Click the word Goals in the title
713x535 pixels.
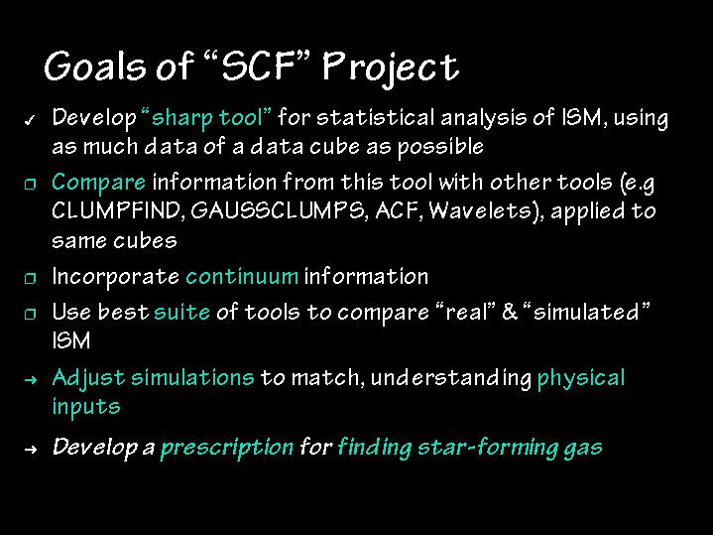click(95, 67)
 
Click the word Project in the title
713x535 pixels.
click(391, 68)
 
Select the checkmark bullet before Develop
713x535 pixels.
click(30, 120)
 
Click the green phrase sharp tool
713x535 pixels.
click(206, 118)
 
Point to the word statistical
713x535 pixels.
click(376, 117)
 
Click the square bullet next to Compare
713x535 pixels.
click(30, 184)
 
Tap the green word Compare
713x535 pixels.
click(99, 183)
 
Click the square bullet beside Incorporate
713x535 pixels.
click(30, 278)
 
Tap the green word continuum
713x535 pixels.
click(242, 277)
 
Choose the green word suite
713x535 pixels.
click(181, 313)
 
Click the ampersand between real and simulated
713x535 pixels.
click(510, 312)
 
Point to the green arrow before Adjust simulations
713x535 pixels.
click(30, 380)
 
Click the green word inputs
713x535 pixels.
click(86, 407)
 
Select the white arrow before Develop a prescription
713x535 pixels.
click(30, 450)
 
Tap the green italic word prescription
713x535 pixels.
click(227, 448)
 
